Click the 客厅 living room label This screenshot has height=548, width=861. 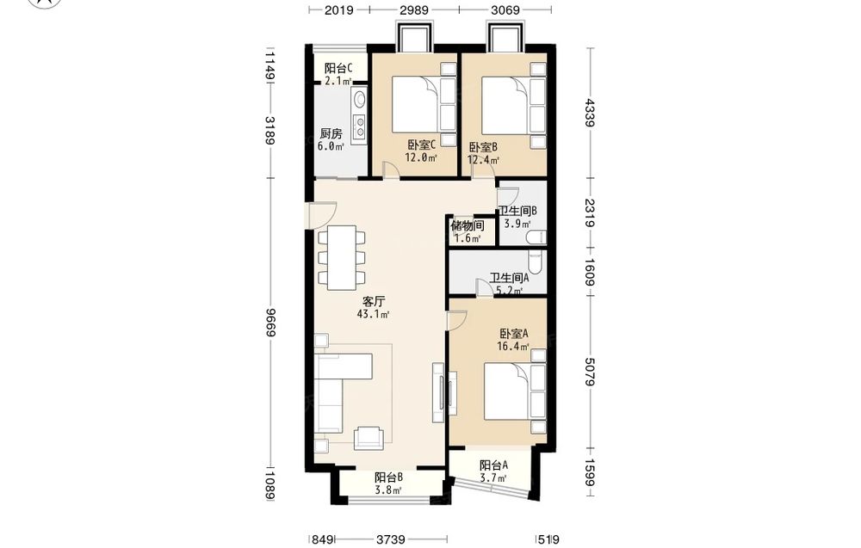(374, 301)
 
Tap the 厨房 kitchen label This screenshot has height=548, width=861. (331, 133)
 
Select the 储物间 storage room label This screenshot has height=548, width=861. (468, 225)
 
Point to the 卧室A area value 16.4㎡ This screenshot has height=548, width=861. (513, 347)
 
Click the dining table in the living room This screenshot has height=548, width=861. (342, 258)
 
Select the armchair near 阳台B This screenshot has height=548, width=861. (369, 438)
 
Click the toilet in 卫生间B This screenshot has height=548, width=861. (536, 237)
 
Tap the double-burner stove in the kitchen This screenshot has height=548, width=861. (360, 126)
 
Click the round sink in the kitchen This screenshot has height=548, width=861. (360, 99)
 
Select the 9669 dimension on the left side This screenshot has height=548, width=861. (270, 323)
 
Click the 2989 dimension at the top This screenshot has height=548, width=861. (414, 9)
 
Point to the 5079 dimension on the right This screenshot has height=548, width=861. (590, 372)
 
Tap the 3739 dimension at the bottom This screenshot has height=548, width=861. (390, 539)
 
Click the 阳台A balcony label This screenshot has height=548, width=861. (493, 465)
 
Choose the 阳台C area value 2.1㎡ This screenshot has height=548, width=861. (338, 81)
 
